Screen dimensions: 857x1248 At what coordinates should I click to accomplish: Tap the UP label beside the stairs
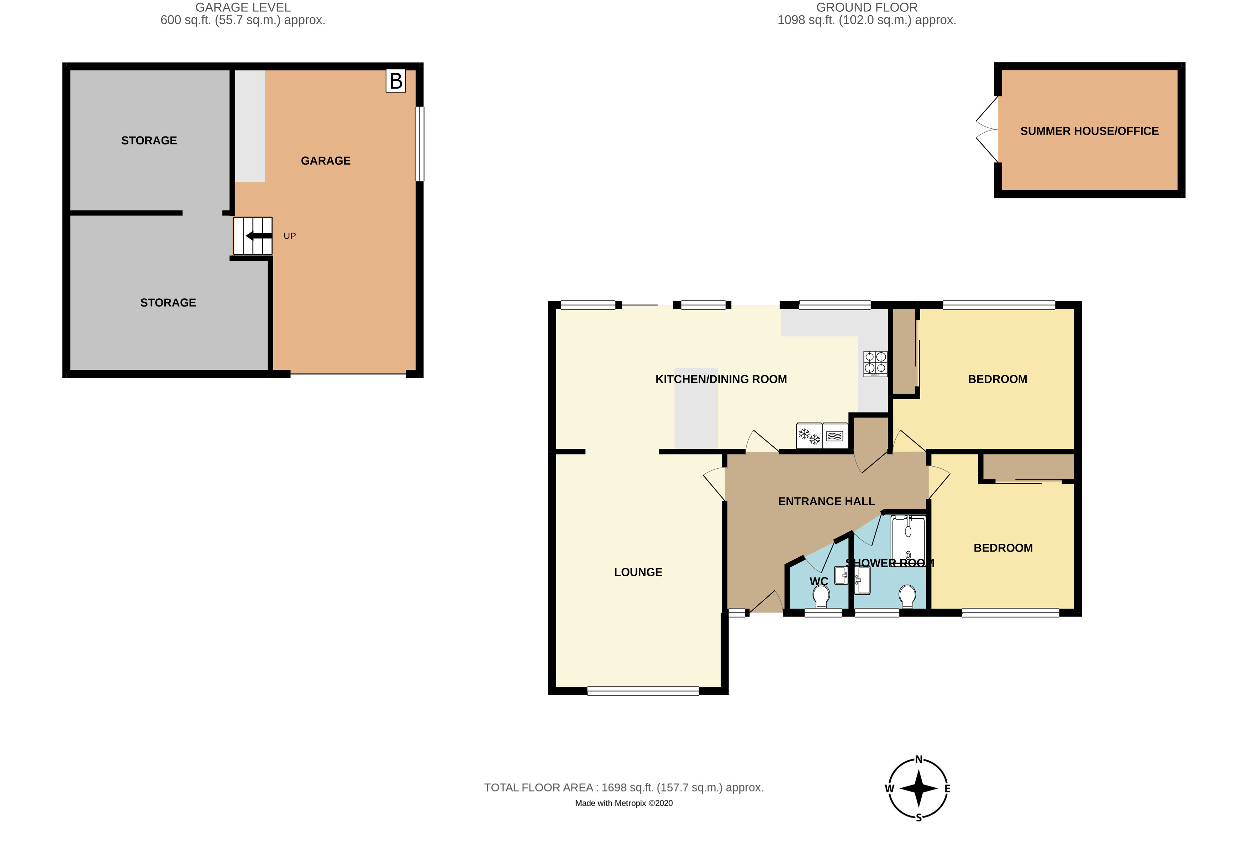[290, 236]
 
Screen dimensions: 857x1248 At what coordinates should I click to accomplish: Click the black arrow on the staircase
[258, 236]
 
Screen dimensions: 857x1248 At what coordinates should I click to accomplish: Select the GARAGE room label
[326, 160]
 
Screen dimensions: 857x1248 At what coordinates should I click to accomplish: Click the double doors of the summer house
[987, 129]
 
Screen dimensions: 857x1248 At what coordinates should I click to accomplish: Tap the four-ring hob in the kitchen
[875, 363]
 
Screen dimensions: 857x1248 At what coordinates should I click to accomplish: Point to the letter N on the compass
[919, 759]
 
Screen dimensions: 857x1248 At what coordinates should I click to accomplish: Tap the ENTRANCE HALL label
[826, 501]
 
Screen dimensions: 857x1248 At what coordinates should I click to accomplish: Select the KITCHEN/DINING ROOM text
[721, 379]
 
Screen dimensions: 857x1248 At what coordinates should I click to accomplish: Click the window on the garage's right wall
[420, 144]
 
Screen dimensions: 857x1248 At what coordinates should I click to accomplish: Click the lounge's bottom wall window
[643, 691]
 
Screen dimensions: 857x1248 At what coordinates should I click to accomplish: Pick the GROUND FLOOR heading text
[867, 7]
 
